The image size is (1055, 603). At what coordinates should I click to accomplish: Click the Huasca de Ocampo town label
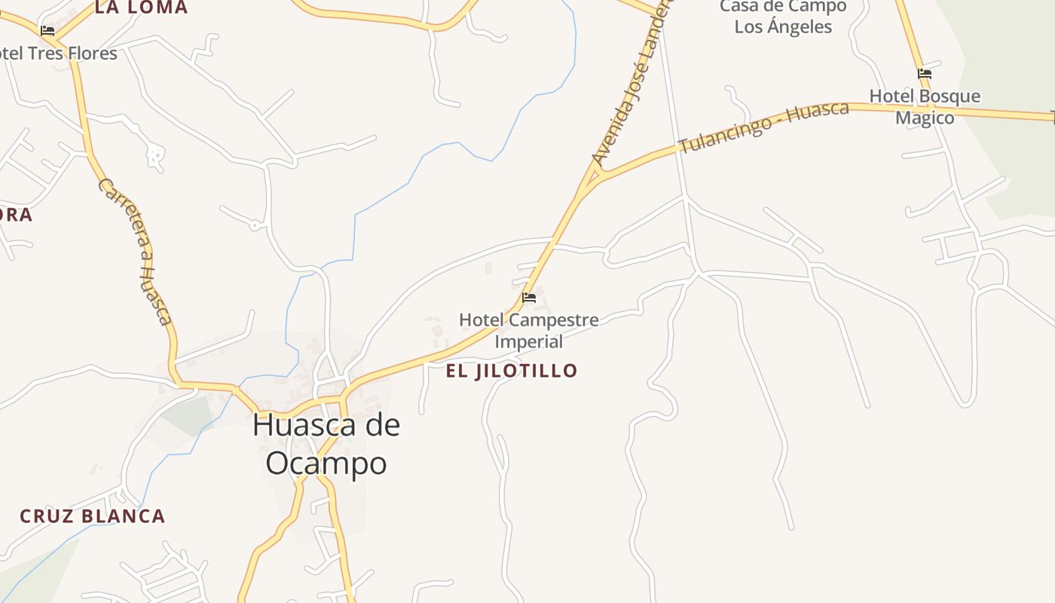click(x=326, y=444)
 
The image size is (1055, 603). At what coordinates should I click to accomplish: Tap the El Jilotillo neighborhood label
click(x=511, y=371)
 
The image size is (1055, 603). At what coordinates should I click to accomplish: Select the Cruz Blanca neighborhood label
click(x=92, y=516)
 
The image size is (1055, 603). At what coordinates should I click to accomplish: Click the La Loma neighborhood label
click(x=141, y=8)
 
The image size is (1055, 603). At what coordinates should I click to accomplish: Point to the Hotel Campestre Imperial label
click(x=529, y=330)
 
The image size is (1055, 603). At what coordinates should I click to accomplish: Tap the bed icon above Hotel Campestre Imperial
click(x=529, y=298)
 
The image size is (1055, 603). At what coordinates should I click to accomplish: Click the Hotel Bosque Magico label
click(x=925, y=107)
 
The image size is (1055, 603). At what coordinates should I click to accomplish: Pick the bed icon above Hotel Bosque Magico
click(x=925, y=74)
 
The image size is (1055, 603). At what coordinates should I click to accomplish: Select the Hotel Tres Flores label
click(x=59, y=54)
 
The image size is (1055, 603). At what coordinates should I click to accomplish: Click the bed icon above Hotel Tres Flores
click(x=47, y=31)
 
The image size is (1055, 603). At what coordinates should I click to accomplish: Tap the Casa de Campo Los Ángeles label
click(x=783, y=17)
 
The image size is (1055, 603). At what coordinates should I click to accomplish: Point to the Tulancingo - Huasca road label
click(x=763, y=125)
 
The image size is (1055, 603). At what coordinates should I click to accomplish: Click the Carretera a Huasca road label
click(x=136, y=251)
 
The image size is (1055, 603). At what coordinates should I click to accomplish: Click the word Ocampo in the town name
click(x=326, y=464)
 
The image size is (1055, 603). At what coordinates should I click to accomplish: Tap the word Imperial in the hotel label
click(x=529, y=341)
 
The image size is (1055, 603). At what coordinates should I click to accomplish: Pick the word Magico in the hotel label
click(x=925, y=118)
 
